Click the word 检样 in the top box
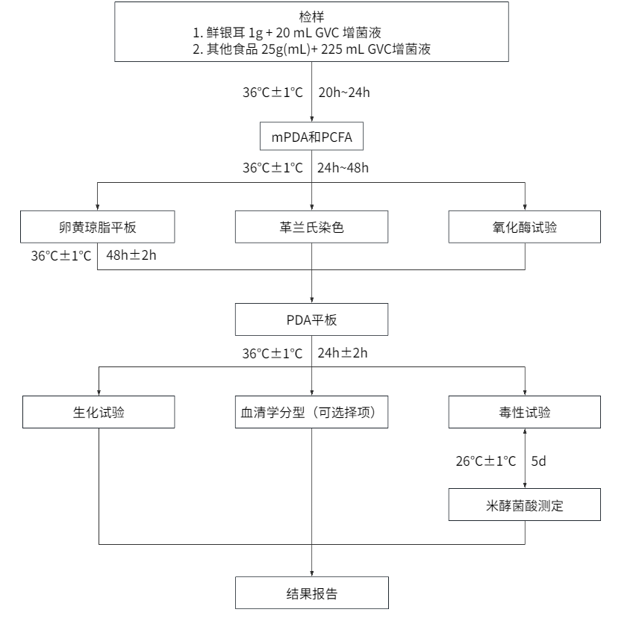pos(312,16)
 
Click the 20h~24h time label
pos(344,93)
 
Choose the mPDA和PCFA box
pos(312,138)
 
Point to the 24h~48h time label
pos(343,168)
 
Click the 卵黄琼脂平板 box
pos(99,228)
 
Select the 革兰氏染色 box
pos(312,228)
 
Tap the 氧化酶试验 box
pos(526,228)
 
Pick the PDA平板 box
pos(312,319)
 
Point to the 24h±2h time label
pos(343,352)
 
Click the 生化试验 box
pos(99,412)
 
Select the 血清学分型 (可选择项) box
pos(312,412)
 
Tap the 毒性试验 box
pos(526,412)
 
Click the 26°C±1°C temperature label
pos(485,461)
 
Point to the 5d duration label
pos(539,461)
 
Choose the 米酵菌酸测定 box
pos(526,505)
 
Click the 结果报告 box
pos(312,594)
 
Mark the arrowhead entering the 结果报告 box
pos(312,572)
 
